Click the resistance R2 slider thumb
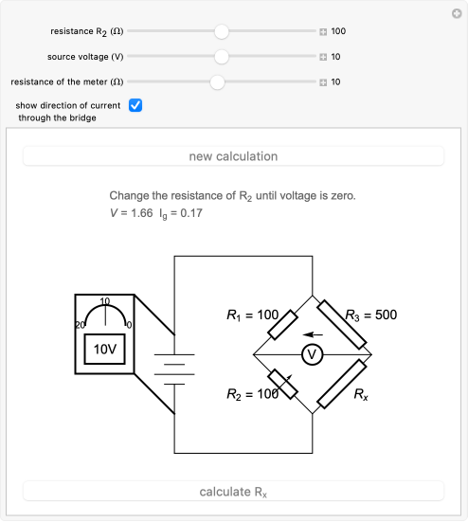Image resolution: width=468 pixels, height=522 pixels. [x=222, y=31]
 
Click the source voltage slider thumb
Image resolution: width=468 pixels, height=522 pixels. [x=222, y=57]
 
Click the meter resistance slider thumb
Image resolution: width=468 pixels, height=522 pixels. [x=217, y=82]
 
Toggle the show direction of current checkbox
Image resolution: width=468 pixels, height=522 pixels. [x=135, y=105]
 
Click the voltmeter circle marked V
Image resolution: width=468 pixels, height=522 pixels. [x=313, y=355]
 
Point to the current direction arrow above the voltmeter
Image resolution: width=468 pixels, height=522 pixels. [x=313, y=334]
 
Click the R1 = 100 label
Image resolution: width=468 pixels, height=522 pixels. [x=252, y=315]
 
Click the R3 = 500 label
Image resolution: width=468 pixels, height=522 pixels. [x=370, y=315]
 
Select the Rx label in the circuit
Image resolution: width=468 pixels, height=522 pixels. [x=361, y=394]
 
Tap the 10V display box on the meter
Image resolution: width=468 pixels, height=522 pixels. [x=105, y=350]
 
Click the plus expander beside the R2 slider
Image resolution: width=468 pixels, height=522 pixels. [x=323, y=31]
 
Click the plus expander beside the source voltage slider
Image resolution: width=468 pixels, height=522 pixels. [x=323, y=57]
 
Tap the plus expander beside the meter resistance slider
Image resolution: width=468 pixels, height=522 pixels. [x=323, y=82]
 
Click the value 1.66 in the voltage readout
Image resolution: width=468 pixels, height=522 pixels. [x=142, y=213]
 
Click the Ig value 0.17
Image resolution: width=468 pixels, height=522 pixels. [x=191, y=213]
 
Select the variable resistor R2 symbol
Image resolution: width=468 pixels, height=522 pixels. [x=282, y=385]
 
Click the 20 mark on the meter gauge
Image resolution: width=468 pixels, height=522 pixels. [x=80, y=325]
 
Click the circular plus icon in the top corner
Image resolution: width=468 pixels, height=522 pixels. [x=457, y=13]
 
